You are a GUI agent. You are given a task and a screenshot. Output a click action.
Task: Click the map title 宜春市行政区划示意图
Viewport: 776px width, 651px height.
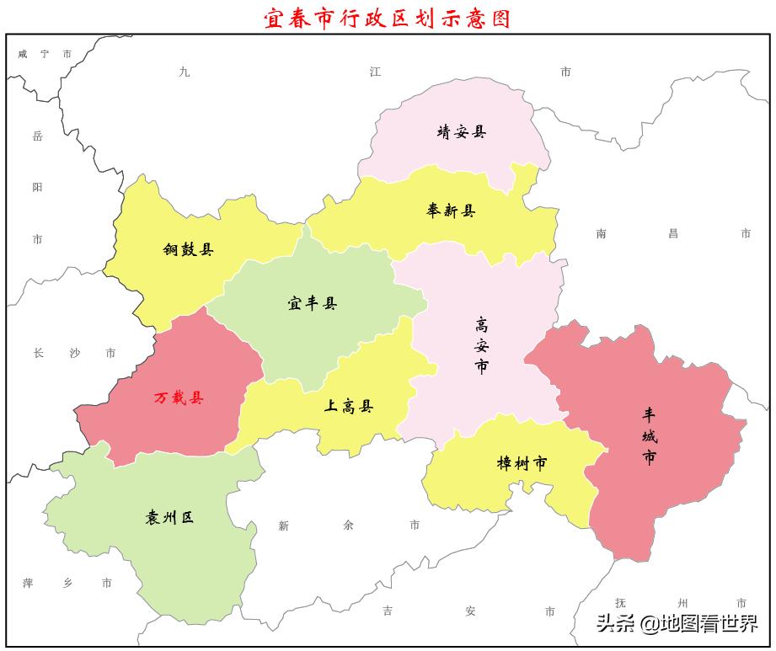pyautogui.click(x=388, y=19)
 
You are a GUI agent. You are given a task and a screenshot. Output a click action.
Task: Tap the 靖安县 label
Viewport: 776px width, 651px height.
pyautogui.click(x=461, y=132)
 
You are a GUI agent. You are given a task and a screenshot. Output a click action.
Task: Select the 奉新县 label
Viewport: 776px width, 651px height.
pyautogui.click(x=451, y=211)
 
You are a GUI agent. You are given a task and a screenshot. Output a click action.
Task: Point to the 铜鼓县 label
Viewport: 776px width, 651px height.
pyautogui.click(x=188, y=249)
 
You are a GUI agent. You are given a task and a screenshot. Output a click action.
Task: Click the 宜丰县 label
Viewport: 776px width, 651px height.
pyautogui.click(x=312, y=304)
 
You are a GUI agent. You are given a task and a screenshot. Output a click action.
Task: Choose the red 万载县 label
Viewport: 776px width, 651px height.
pyautogui.click(x=179, y=398)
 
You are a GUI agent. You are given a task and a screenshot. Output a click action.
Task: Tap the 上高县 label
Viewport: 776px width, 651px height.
pyautogui.click(x=349, y=407)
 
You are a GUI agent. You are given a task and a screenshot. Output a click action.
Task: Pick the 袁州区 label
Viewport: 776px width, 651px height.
pyautogui.click(x=169, y=518)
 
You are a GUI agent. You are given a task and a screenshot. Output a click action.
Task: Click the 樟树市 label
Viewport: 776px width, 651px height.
pyautogui.click(x=522, y=463)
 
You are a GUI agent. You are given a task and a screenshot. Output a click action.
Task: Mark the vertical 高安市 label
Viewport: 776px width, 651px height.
pyautogui.click(x=482, y=345)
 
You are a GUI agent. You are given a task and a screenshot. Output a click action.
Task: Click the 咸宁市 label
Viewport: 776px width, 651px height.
pyautogui.click(x=45, y=54)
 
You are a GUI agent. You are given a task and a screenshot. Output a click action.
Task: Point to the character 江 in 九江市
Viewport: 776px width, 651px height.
pyautogui.click(x=375, y=72)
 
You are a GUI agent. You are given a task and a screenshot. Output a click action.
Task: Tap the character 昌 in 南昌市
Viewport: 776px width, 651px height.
pyautogui.click(x=673, y=234)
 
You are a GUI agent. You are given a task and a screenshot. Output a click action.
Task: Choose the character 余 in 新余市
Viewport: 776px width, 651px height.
pyautogui.click(x=349, y=526)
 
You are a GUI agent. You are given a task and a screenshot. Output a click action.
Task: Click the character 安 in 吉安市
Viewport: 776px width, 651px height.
pyautogui.click(x=468, y=611)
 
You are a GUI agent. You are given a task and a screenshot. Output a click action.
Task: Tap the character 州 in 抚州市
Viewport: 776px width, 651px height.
pyautogui.click(x=682, y=603)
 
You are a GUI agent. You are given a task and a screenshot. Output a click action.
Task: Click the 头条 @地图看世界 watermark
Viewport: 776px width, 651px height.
pyautogui.click(x=677, y=624)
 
